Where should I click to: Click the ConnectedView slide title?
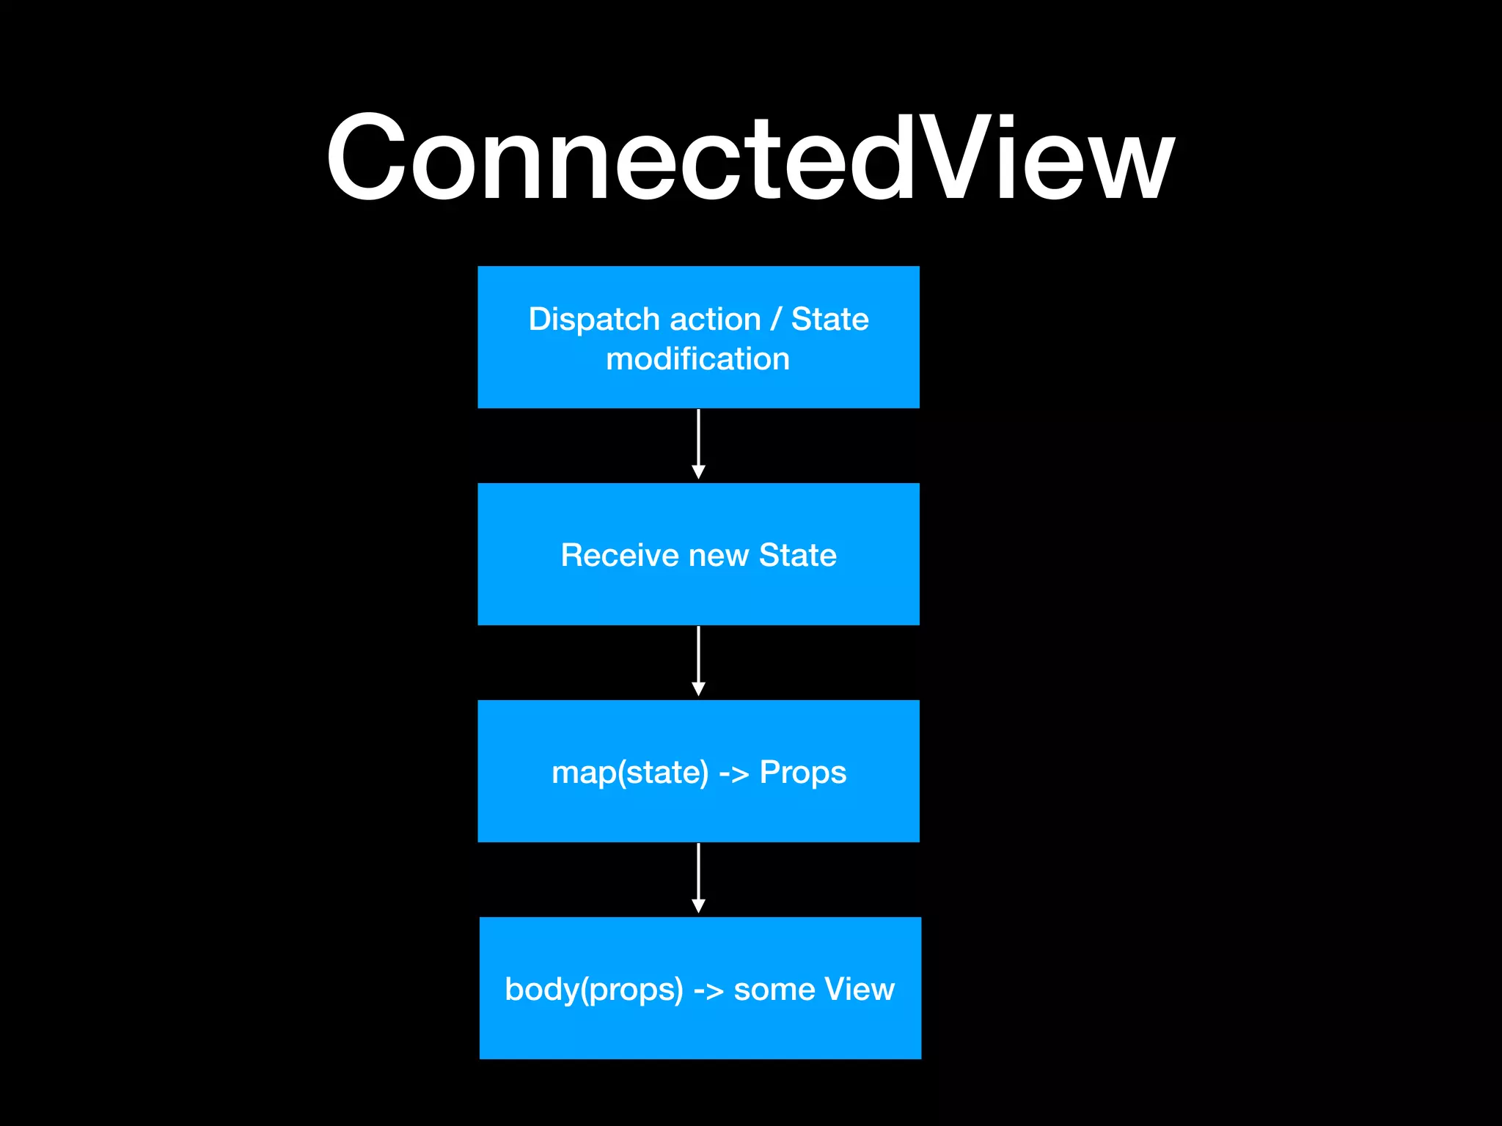pyautogui.click(x=750, y=158)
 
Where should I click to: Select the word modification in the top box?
pyautogui.click(x=697, y=359)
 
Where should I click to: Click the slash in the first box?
pyautogui.click(x=776, y=320)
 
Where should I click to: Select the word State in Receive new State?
pyautogui.click(x=797, y=555)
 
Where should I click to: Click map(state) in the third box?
pyautogui.click(x=630, y=773)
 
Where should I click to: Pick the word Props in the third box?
pyautogui.click(x=802, y=773)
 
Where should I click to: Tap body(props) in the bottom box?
pyautogui.click(x=593, y=990)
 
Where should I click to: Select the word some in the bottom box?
pyautogui.click(x=774, y=990)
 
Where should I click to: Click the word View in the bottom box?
pyautogui.click(x=859, y=989)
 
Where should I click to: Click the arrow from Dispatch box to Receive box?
pyautogui.click(x=698, y=440)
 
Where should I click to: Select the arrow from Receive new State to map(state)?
pyautogui.click(x=698, y=657)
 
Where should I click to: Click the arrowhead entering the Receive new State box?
pyautogui.click(x=698, y=472)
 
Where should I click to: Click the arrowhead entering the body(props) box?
pyautogui.click(x=698, y=906)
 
